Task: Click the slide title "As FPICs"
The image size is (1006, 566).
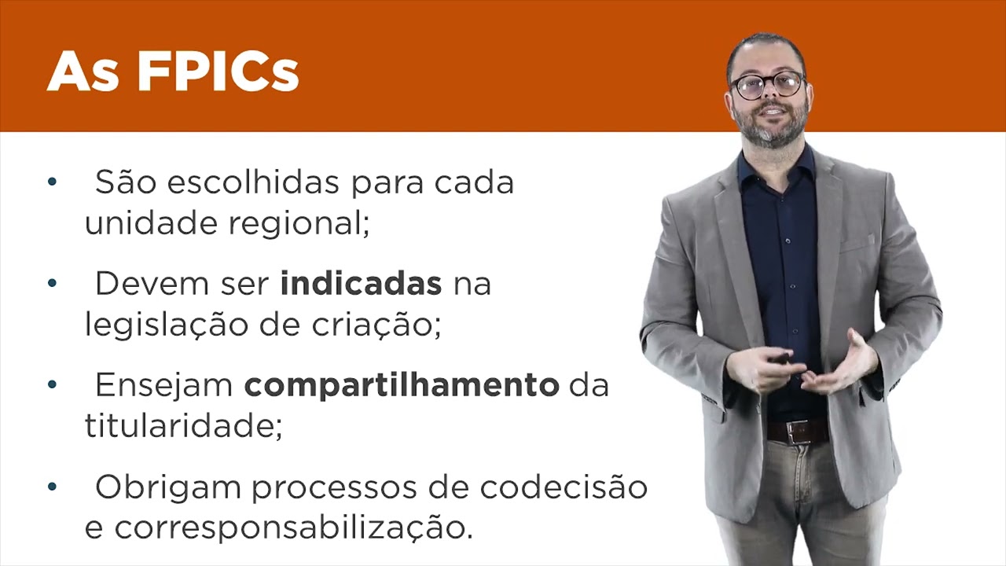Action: coord(173,72)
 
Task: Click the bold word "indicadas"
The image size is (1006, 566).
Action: coord(361,285)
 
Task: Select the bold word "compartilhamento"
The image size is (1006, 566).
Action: coord(401,386)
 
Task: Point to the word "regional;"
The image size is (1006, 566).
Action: coord(299,225)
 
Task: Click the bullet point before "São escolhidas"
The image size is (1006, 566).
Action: coord(52,182)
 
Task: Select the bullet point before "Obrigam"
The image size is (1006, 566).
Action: coord(52,487)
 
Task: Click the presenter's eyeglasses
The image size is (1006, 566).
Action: coord(766,84)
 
